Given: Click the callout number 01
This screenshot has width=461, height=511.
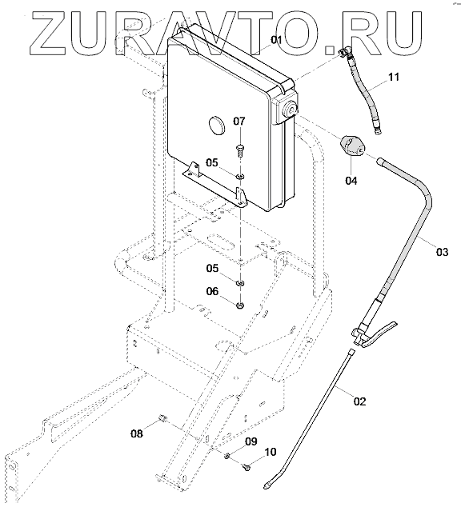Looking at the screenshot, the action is (276, 40).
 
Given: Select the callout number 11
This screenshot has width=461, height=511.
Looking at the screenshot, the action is (394, 77).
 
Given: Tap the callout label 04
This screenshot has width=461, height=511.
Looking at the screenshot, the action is (351, 180).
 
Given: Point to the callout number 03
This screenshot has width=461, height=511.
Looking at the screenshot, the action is (442, 252).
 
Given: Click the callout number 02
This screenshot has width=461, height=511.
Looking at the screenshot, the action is (360, 401).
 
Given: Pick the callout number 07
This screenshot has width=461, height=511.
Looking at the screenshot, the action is (239, 122).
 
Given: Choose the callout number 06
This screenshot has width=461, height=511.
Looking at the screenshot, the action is (212, 291).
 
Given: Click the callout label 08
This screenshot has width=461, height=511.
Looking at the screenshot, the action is (137, 433).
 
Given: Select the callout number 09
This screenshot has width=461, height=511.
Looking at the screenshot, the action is (251, 441).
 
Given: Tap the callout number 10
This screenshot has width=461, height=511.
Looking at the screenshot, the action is (271, 452).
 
